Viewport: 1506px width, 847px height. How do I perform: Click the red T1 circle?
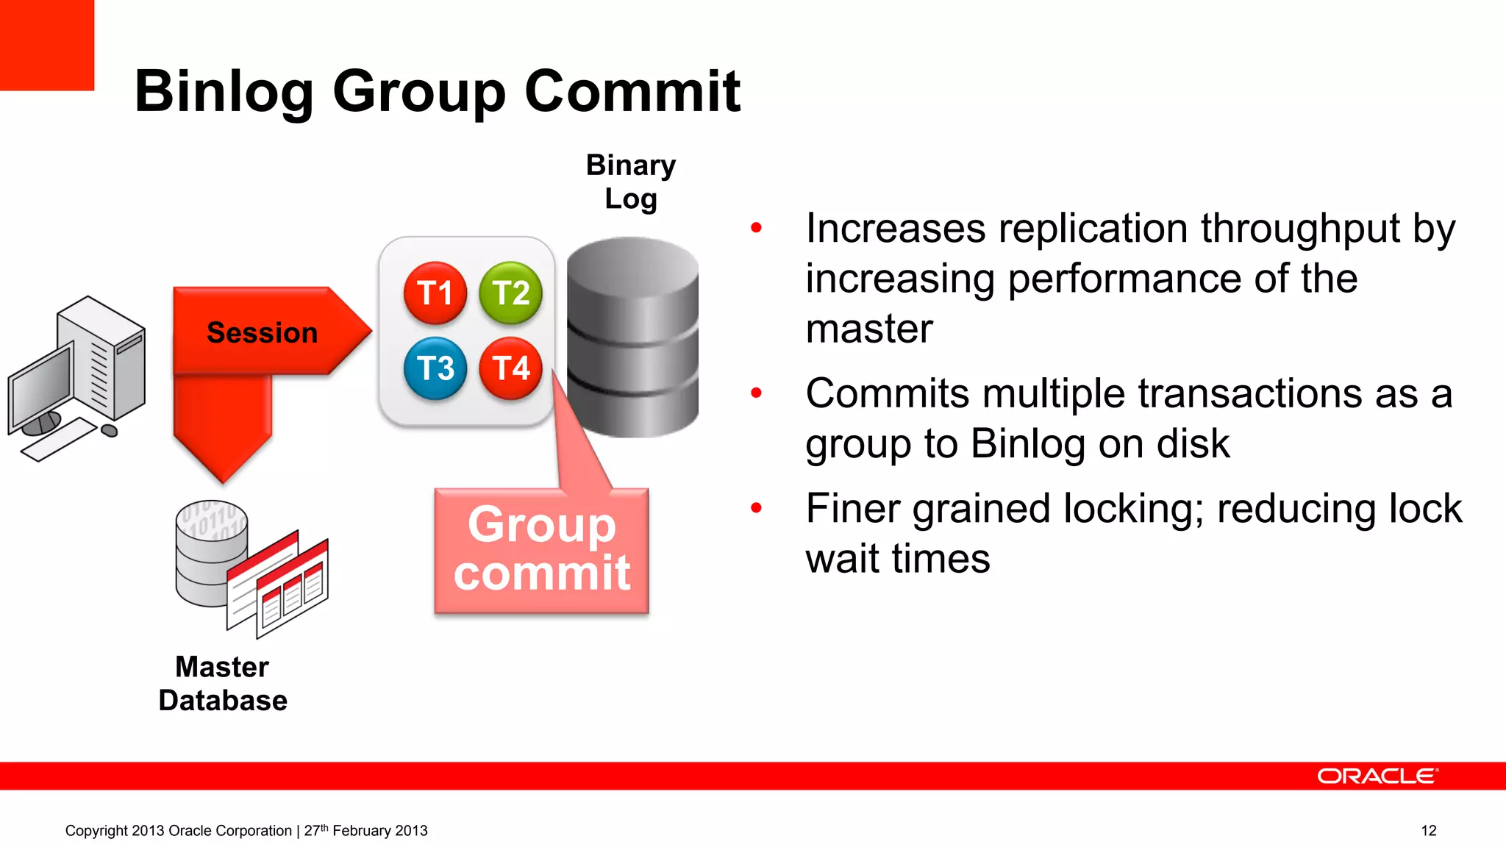click(x=435, y=293)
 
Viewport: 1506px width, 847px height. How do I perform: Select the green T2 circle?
click(x=510, y=293)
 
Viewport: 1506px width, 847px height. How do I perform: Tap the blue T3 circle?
click(x=435, y=368)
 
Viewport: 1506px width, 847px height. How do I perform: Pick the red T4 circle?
click(x=510, y=368)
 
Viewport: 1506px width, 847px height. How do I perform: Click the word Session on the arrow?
click(x=262, y=332)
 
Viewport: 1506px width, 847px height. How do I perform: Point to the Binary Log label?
click(x=630, y=182)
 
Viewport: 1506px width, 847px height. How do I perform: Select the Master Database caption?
click(x=222, y=683)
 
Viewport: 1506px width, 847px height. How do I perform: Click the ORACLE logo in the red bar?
click(x=1377, y=776)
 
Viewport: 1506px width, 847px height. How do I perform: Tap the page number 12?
click(x=1428, y=830)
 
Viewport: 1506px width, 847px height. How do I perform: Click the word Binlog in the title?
click(x=224, y=92)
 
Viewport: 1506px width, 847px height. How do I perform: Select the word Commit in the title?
click(x=632, y=92)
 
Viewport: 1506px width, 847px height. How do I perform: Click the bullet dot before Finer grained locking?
click(x=756, y=507)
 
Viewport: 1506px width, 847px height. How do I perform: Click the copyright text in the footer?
click(x=246, y=830)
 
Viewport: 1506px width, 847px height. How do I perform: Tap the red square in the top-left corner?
click(x=46, y=44)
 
